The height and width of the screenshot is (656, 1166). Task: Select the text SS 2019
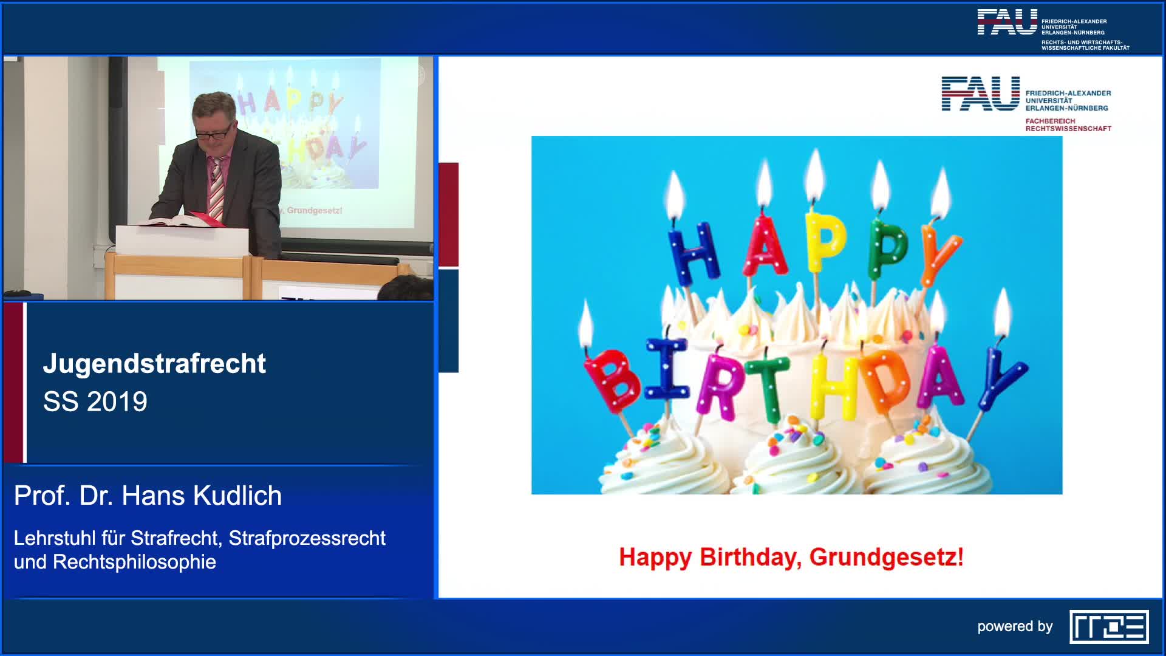click(95, 401)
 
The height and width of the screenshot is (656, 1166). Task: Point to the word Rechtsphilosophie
click(134, 562)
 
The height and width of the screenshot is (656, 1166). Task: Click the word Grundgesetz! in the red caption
click(887, 557)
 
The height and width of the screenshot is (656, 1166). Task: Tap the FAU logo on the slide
click(980, 94)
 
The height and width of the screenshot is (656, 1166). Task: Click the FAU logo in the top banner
click(1007, 21)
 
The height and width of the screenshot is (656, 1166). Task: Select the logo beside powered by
click(1109, 626)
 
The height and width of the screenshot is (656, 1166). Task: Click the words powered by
click(1015, 626)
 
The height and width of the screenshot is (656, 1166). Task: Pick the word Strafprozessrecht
click(307, 538)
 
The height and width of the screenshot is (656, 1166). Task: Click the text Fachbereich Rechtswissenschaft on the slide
click(1068, 125)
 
